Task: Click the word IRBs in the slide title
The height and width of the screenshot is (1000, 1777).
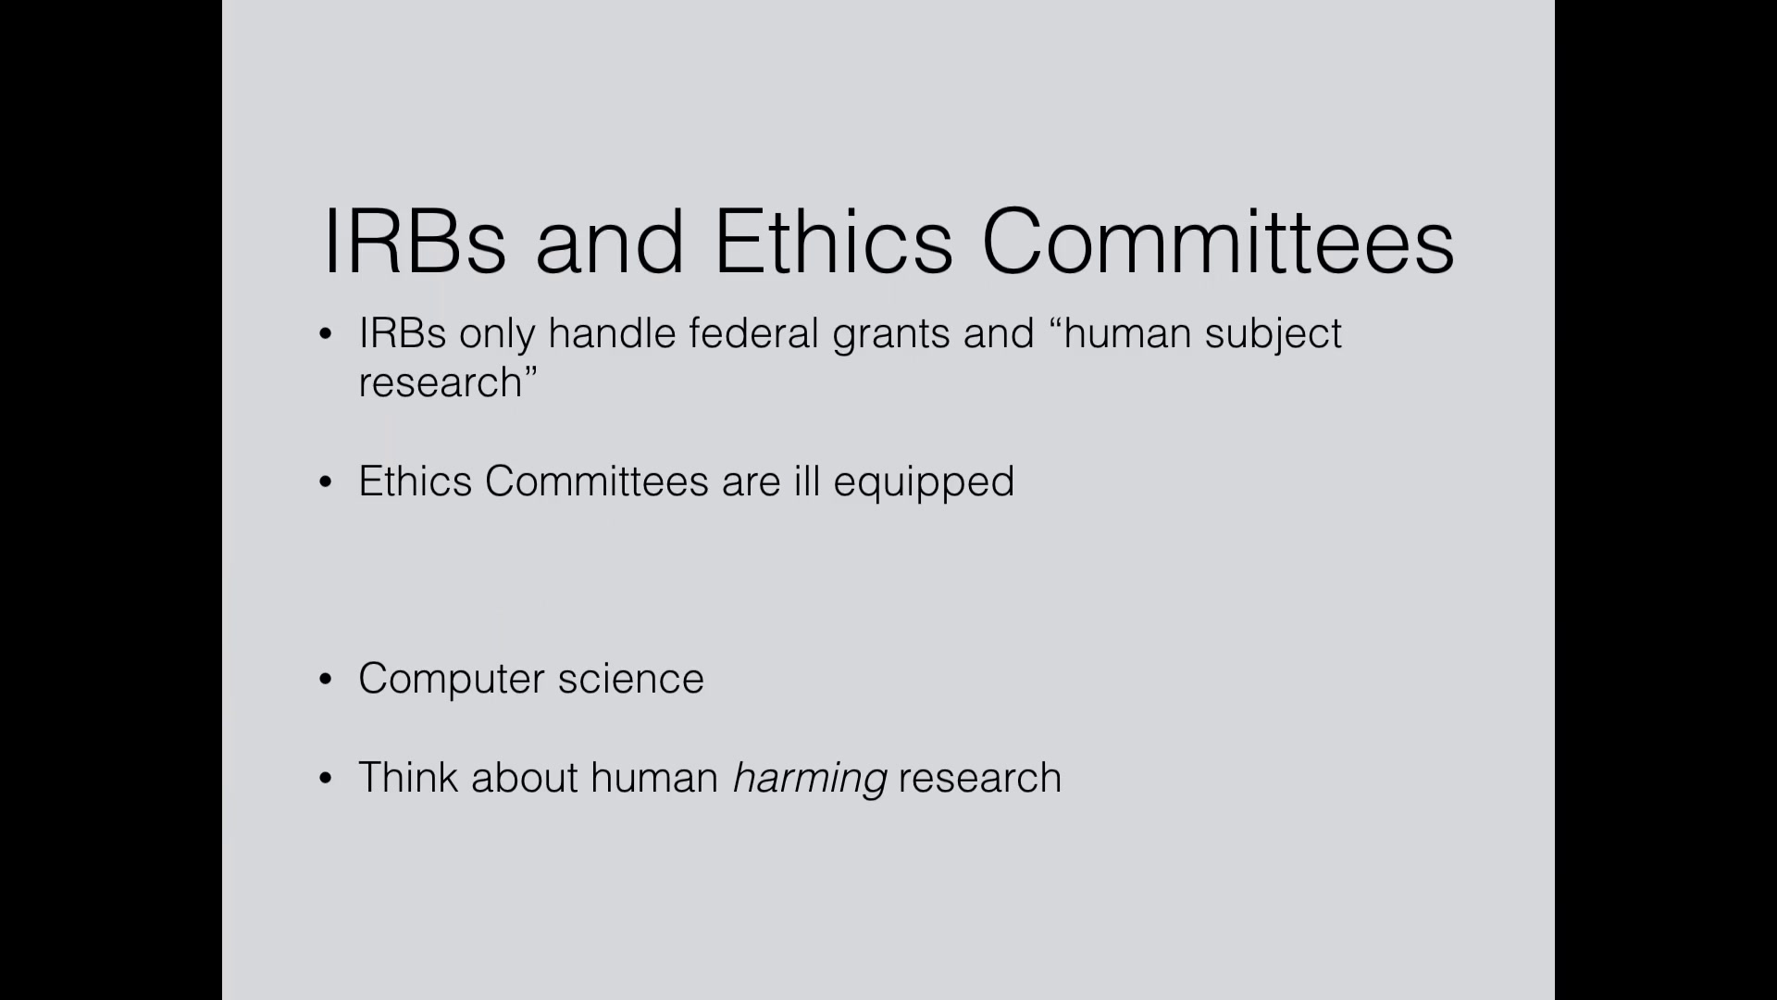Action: (415, 241)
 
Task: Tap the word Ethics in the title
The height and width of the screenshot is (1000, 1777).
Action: (833, 241)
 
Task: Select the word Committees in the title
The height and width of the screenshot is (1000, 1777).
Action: (1218, 241)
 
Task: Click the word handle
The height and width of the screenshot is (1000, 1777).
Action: (612, 333)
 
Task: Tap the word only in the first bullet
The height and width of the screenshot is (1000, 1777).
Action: (497, 336)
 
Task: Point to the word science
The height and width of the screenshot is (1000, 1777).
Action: (631, 679)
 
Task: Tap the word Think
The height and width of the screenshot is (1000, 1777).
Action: (408, 778)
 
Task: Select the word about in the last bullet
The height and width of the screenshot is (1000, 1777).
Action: (525, 778)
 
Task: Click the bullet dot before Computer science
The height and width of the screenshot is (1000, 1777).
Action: (325, 680)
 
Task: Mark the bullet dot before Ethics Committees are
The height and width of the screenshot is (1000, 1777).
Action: (325, 482)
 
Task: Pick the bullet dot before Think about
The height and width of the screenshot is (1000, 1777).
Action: (325, 779)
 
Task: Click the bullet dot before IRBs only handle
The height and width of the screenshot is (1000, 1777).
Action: (325, 334)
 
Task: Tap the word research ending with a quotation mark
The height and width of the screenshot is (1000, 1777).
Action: (448, 382)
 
